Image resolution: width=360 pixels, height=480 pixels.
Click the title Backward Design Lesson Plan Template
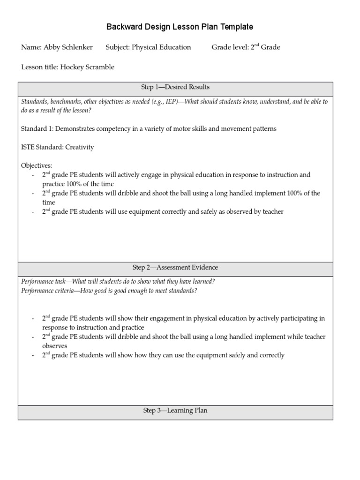(x=180, y=27)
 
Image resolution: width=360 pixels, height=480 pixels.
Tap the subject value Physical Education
(x=161, y=47)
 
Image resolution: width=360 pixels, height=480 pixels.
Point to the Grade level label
(x=229, y=47)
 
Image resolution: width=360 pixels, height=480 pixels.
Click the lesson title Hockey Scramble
(x=87, y=67)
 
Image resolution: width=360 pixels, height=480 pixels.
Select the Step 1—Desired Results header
(x=175, y=87)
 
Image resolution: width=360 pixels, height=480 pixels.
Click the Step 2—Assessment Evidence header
(x=175, y=268)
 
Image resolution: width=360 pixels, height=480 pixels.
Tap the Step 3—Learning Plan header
(x=175, y=411)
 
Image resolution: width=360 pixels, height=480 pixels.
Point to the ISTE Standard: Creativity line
(x=58, y=147)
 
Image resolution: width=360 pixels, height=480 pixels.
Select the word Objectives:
(x=37, y=165)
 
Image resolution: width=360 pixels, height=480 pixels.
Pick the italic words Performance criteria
(x=48, y=291)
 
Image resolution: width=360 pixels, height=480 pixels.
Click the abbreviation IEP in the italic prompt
(x=171, y=102)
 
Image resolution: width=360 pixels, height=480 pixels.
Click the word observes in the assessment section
(x=55, y=346)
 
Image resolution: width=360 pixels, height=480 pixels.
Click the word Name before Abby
(x=30, y=47)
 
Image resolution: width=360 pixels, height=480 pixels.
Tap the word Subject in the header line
(x=117, y=47)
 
